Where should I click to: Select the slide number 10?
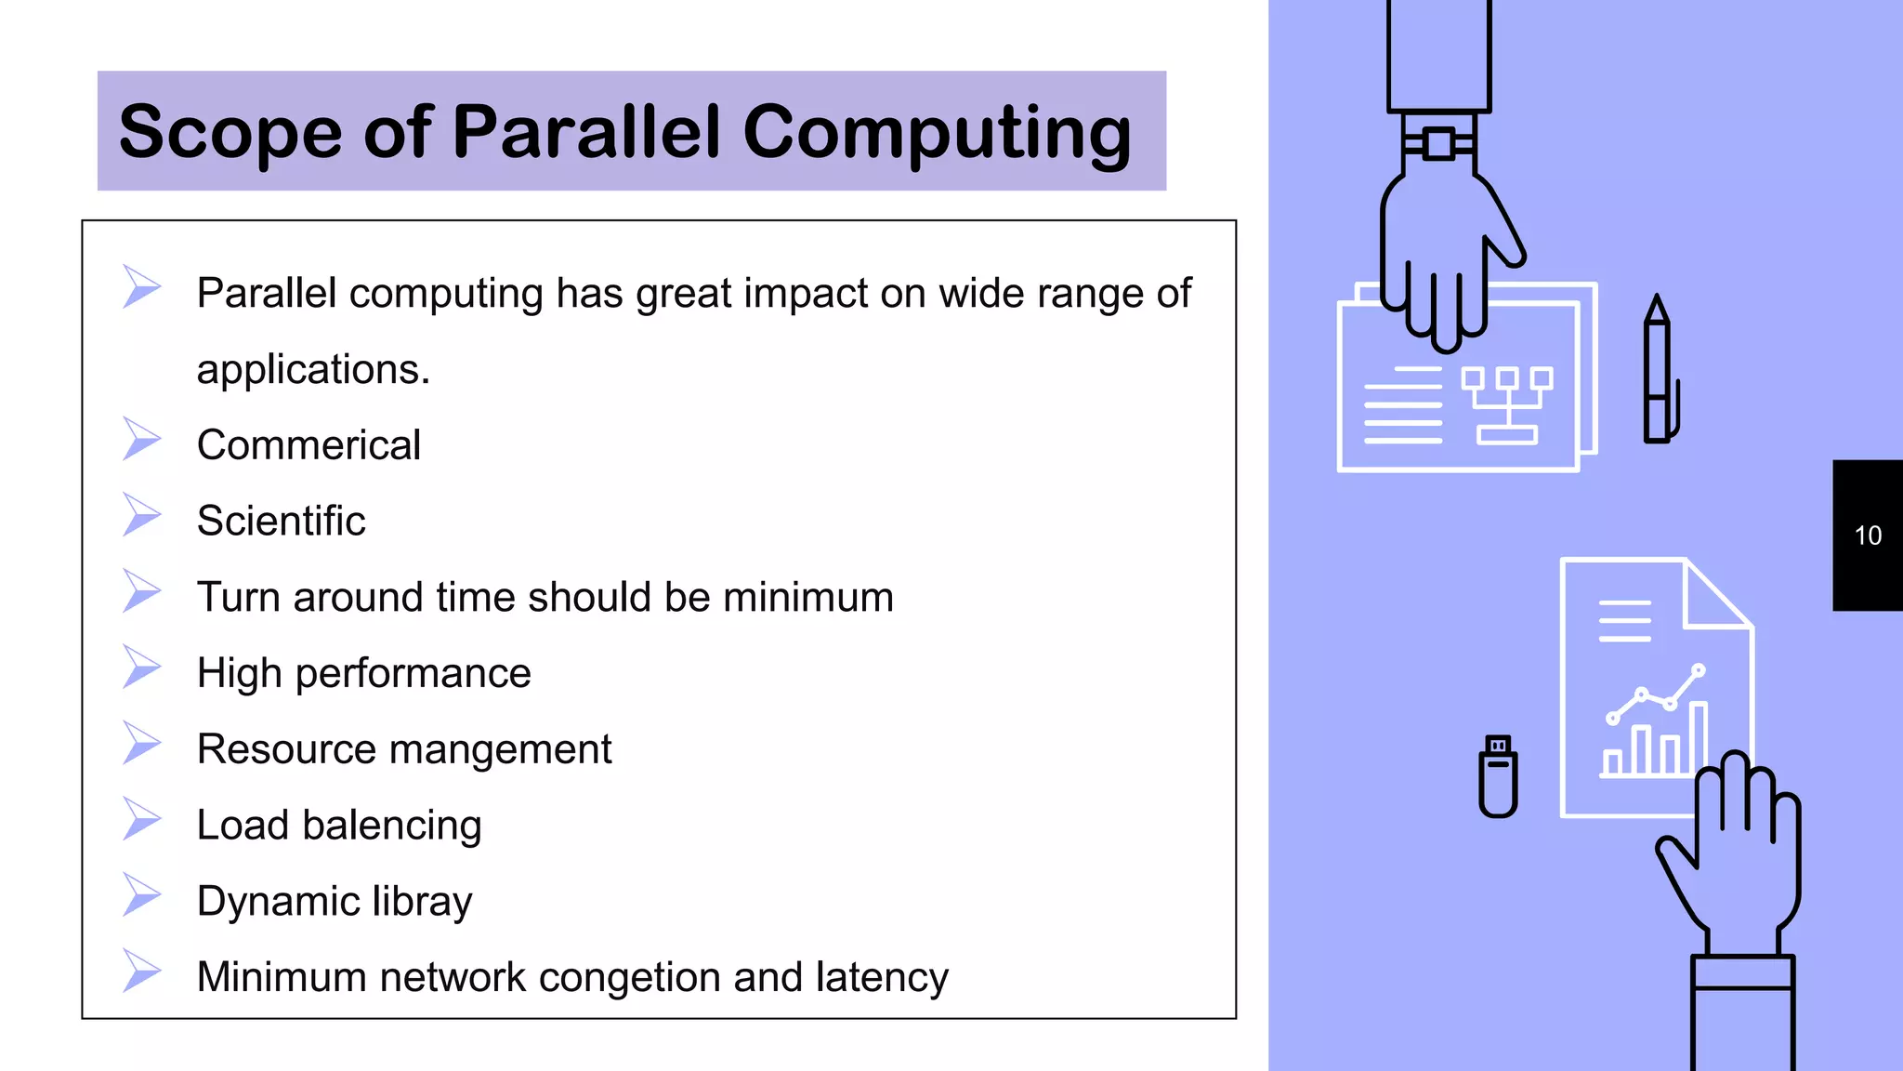coord(1867,535)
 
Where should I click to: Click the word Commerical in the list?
coord(308,445)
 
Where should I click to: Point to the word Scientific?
coord(281,521)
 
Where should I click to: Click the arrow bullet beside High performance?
coord(141,667)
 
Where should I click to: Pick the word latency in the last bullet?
coord(882,977)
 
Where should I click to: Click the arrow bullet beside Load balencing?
coord(141,819)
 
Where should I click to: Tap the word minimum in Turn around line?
coord(807,597)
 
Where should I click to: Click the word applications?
coord(313,370)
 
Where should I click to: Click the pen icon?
coord(1658,372)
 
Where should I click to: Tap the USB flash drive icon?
coord(1498,776)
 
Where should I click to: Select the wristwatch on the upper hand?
coord(1438,143)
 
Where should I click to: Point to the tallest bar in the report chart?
coord(1698,739)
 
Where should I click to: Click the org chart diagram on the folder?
coord(1506,404)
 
